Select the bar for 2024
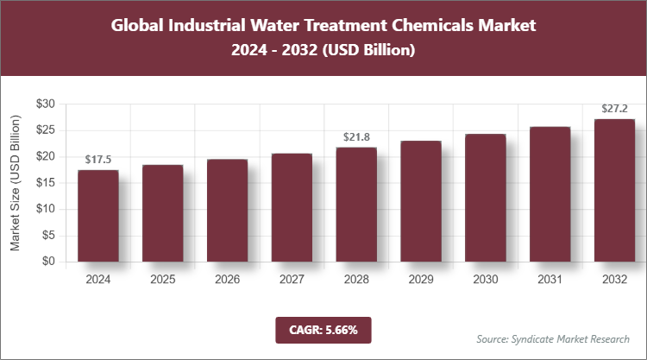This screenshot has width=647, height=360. click(98, 216)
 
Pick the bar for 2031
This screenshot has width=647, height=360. click(550, 194)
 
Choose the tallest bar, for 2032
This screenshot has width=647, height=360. click(614, 190)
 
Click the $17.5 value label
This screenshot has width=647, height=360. click(98, 160)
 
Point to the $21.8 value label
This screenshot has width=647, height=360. click(356, 137)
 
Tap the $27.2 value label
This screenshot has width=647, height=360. click(614, 109)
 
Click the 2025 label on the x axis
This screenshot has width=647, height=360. click(163, 280)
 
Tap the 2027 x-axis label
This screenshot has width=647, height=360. click(292, 280)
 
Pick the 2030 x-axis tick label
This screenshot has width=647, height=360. click(485, 280)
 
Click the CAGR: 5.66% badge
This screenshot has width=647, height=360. click(323, 330)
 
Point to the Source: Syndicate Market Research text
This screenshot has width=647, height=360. click(553, 338)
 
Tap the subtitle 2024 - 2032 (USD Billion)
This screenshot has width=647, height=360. click(323, 51)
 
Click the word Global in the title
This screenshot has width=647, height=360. click(140, 25)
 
